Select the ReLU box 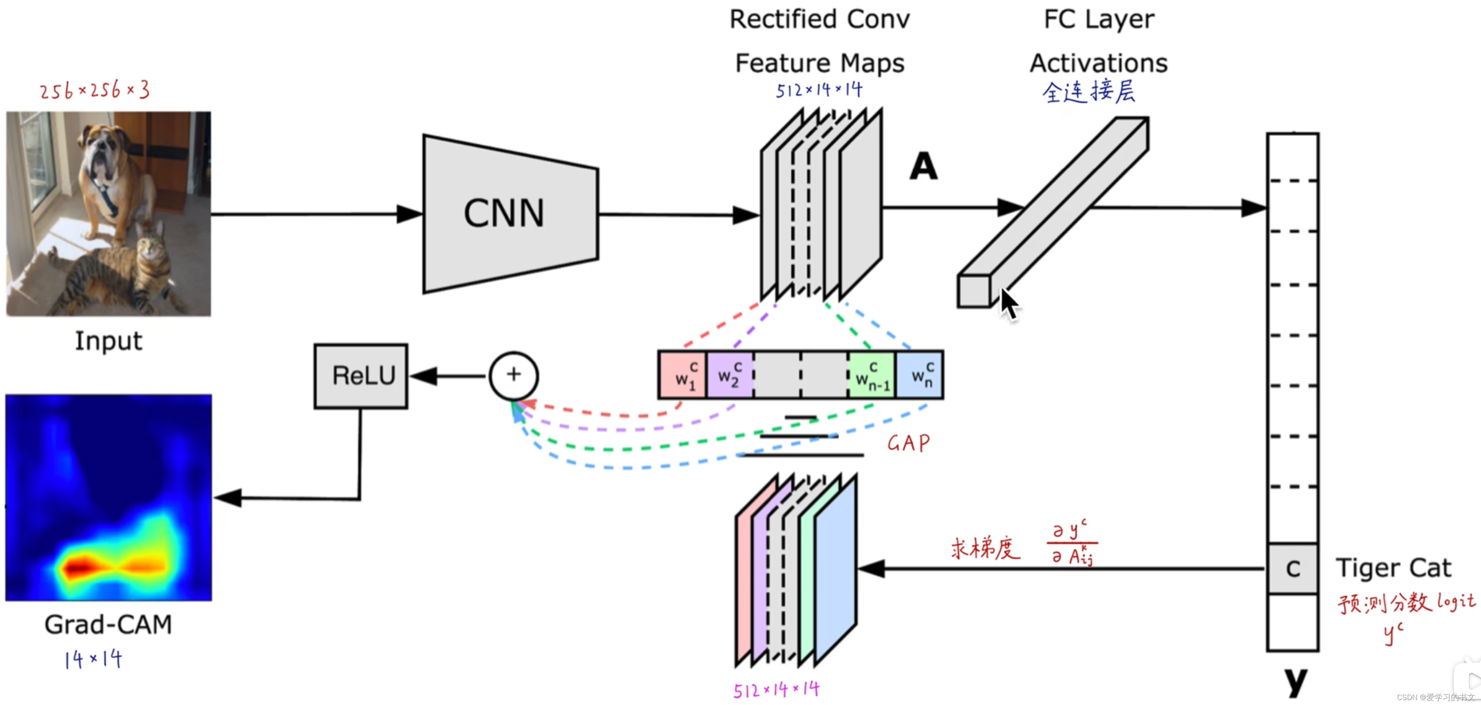coord(361,376)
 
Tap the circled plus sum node coord(513,375)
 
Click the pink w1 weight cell coord(682,375)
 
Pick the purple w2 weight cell coord(730,375)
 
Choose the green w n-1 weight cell coord(872,375)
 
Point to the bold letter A coord(923,166)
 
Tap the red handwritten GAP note coord(908,443)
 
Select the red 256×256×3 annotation coord(95,90)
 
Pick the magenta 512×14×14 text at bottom coord(776,689)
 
